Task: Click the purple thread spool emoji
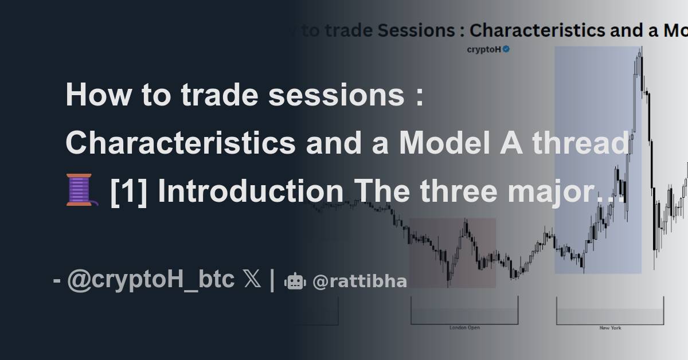[x=81, y=190]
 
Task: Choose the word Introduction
[x=250, y=191]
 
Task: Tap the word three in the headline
[x=466, y=191]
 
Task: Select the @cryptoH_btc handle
[x=151, y=280]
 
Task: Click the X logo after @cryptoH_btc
[x=252, y=280]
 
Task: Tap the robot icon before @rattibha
[x=295, y=281]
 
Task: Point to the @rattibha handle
[x=360, y=281]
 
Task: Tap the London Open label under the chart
[x=464, y=328]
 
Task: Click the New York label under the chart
[x=610, y=328]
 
